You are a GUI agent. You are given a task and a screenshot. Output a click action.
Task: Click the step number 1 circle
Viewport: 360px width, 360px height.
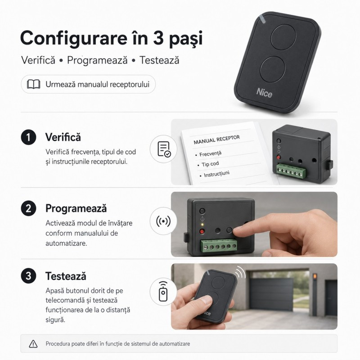tap(28, 137)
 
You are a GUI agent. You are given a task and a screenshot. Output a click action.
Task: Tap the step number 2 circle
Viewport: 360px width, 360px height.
tap(28, 208)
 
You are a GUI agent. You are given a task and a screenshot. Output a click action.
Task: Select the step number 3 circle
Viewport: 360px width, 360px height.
tap(28, 276)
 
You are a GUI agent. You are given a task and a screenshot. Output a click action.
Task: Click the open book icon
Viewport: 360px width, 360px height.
tap(33, 84)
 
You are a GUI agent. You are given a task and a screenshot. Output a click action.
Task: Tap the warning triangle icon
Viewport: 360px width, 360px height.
tap(33, 344)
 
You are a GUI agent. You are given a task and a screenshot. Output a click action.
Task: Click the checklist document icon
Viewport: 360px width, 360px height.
tap(164, 149)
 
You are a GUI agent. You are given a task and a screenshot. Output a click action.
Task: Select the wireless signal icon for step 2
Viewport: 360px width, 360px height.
tap(163, 221)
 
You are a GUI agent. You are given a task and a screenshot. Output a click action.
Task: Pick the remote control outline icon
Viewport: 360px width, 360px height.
tap(163, 291)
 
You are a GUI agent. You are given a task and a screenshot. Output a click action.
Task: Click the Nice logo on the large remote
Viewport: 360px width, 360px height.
tap(264, 93)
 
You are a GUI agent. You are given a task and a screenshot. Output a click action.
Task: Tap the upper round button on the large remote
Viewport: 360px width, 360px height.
tap(283, 37)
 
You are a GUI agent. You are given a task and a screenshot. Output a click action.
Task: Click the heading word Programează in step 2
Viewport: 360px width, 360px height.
tap(76, 209)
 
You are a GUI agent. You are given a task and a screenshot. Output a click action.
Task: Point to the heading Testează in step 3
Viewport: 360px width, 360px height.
tap(66, 276)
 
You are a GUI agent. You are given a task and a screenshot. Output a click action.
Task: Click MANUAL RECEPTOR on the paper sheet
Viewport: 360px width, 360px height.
tap(216, 140)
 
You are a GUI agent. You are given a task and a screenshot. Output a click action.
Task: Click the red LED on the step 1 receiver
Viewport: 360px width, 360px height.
tap(279, 157)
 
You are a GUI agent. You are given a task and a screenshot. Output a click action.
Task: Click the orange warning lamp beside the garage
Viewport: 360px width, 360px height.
tap(315, 276)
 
